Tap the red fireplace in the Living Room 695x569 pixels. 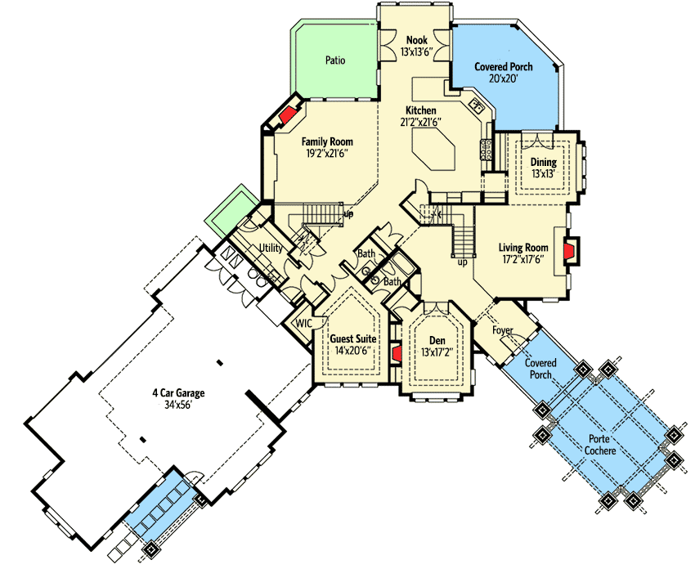pyautogui.click(x=569, y=250)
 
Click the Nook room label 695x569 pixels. pyautogui.click(x=417, y=40)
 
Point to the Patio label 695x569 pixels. pyautogui.click(x=335, y=60)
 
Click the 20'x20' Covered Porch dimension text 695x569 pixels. pyautogui.click(x=503, y=78)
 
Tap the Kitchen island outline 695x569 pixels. pyautogui.click(x=433, y=150)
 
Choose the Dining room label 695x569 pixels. pyautogui.click(x=544, y=162)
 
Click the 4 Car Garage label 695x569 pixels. pyautogui.click(x=178, y=392)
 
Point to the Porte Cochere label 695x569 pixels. pyautogui.click(x=600, y=445)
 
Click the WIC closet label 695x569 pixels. pyautogui.click(x=303, y=324)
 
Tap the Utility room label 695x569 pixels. pyautogui.click(x=271, y=248)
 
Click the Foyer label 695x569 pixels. pyautogui.click(x=503, y=330)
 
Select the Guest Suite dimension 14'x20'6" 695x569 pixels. pyautogui.click(x=353, y=351)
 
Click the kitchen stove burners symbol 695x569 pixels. pyautogui.click(x=486, y=150)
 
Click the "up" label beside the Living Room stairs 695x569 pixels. pyautogui.click(x=462, y=262)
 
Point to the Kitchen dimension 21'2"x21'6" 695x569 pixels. pyautogui.click(x=420, y=123)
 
